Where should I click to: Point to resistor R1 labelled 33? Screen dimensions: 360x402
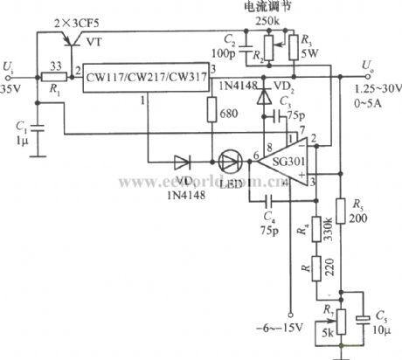click(54, 76)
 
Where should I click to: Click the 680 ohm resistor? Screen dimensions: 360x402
click(211, 111)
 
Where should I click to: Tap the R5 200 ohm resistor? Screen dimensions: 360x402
click(355, 216)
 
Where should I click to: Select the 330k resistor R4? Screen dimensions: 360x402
click(312, 231)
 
